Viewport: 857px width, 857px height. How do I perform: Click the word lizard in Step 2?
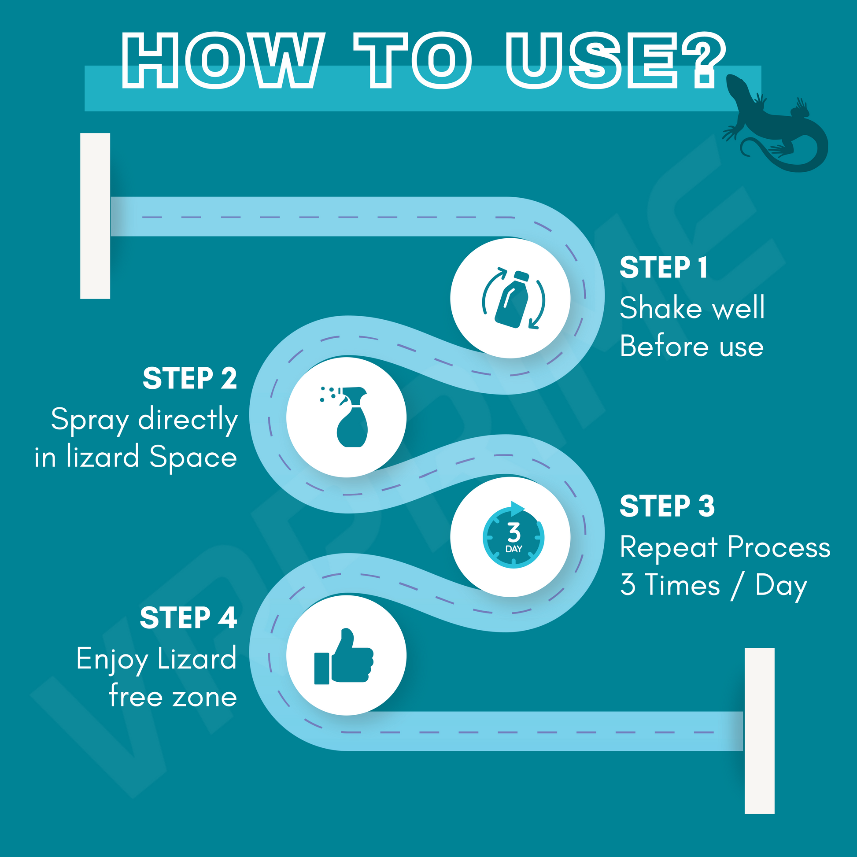coord(103,457)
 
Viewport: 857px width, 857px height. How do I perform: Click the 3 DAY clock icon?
coord(513,537)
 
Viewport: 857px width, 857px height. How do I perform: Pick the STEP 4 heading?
coord(188,617)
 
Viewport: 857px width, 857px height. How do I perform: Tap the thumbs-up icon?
coord(344,657)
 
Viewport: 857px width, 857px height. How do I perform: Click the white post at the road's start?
coord(95,216)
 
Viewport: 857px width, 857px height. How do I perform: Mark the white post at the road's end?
coord(759,731)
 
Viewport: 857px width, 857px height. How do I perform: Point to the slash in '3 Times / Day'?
coord(737,586)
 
